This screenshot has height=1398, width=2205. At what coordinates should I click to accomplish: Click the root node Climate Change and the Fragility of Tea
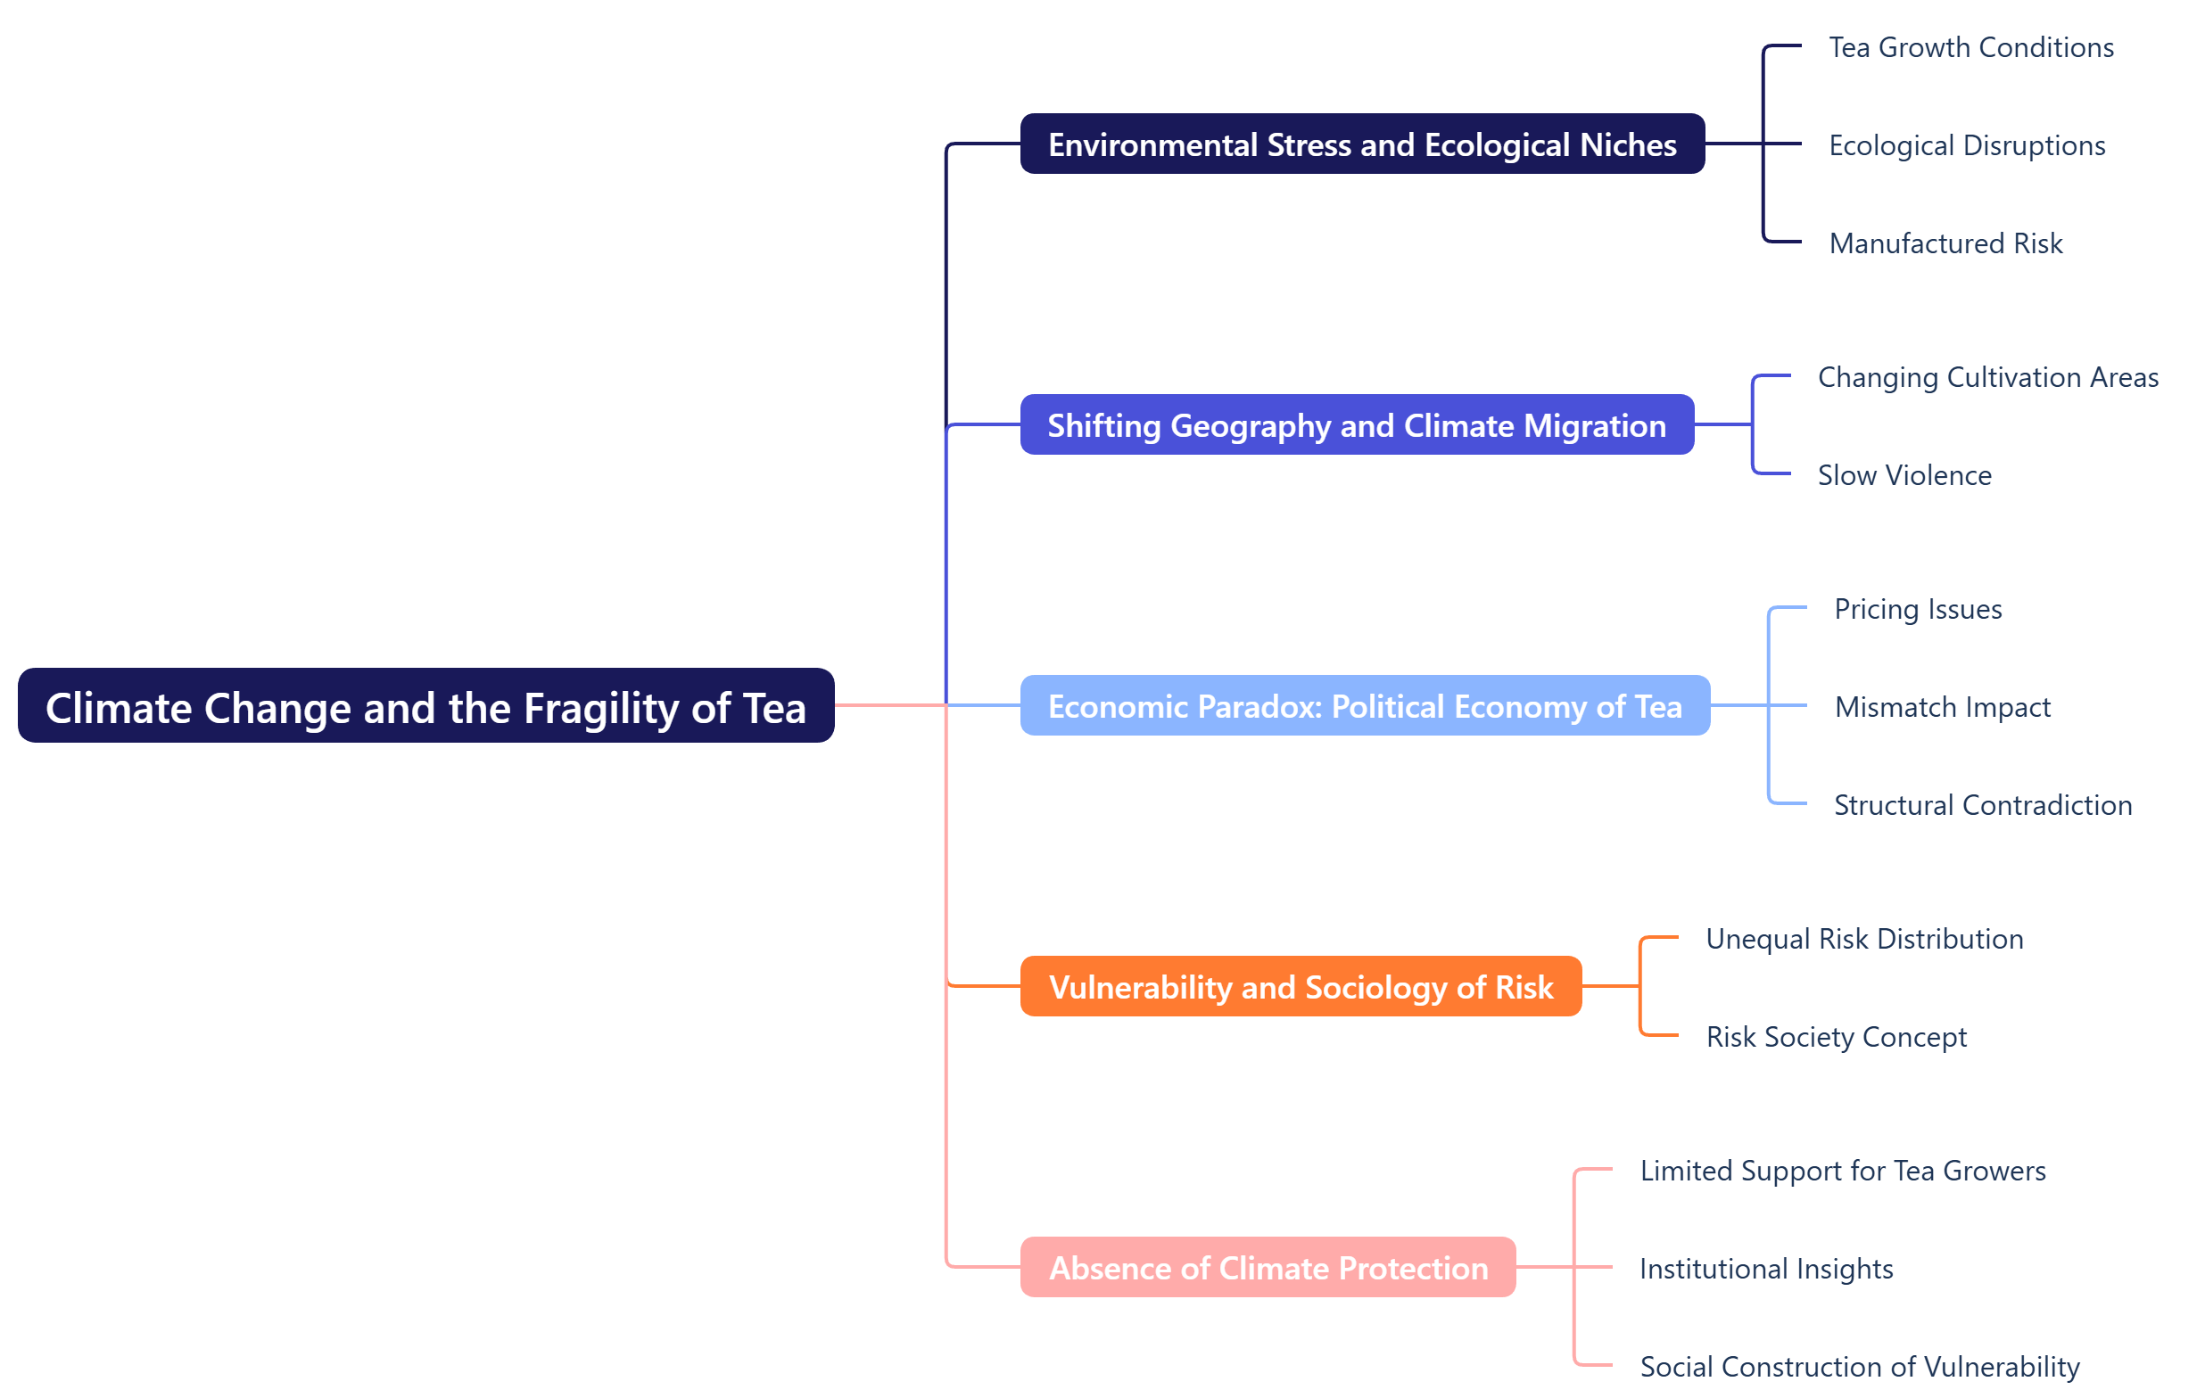425,706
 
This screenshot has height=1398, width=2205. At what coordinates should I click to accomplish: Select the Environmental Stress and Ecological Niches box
1362,144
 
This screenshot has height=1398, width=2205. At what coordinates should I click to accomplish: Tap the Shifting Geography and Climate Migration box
1356,424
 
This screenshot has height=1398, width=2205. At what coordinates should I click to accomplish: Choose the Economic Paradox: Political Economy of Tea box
1365,706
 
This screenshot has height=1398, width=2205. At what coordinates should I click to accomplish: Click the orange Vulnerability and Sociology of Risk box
1301,987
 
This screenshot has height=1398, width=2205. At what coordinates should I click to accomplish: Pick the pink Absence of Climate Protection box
1268,1268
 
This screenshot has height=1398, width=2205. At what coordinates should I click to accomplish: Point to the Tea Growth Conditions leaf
1970,46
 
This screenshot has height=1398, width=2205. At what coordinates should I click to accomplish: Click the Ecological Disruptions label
1966,144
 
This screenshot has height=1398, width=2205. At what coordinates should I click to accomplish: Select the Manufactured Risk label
1945,243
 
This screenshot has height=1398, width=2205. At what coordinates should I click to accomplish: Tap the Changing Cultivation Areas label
1987,376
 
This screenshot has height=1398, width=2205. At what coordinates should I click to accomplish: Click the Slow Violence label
1904,474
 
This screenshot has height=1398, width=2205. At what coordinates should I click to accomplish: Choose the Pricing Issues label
1918,608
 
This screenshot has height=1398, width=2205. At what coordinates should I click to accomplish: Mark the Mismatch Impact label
1941,706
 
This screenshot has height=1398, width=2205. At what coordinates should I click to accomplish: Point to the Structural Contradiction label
1982,804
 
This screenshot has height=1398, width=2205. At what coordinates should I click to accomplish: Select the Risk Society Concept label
1835,1035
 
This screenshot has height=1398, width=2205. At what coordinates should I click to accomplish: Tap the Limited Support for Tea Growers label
1841,1170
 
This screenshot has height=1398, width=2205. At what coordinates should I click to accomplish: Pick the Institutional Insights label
1765,1268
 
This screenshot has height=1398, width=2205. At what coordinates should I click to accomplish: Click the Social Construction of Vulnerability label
1859,1366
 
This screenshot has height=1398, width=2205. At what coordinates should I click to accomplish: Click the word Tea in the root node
773,708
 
